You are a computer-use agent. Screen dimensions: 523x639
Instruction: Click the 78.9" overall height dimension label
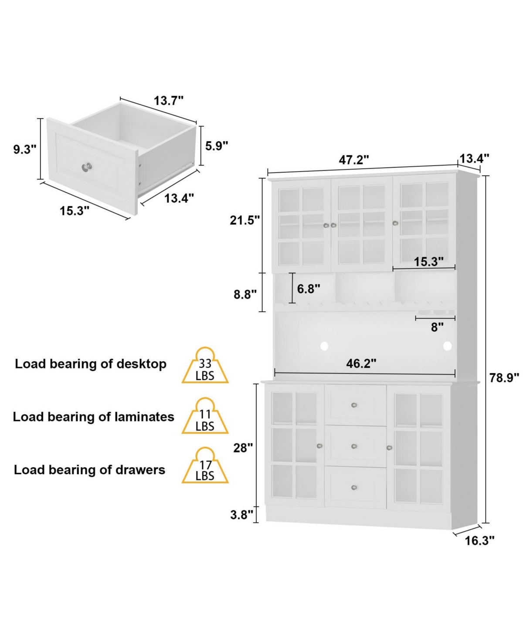(x=504, y=378)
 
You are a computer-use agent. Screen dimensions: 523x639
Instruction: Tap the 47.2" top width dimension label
(x=354, y=160)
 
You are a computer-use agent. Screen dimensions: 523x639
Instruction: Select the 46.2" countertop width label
(x=361, y=363)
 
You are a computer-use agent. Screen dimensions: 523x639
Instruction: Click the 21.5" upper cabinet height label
(x=245, y=220)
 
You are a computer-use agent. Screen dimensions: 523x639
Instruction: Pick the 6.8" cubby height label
(x=309, y=289)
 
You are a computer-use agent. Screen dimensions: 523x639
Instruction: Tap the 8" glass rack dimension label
(x=437, y=327)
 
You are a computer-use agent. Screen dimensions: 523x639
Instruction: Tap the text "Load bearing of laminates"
(x=93, y=417)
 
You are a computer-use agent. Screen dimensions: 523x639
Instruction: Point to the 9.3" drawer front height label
(x=25, y=150)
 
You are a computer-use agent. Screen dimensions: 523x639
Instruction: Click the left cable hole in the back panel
(x=324, y=346)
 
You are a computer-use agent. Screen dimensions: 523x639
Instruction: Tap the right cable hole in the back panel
(x=448, y=346)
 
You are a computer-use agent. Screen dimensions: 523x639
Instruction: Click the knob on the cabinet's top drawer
(x=354, y=405)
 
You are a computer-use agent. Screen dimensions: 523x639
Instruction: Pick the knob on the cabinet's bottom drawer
(x=354, y=487)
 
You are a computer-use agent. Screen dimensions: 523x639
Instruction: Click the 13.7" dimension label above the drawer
(x=169, y=101)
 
